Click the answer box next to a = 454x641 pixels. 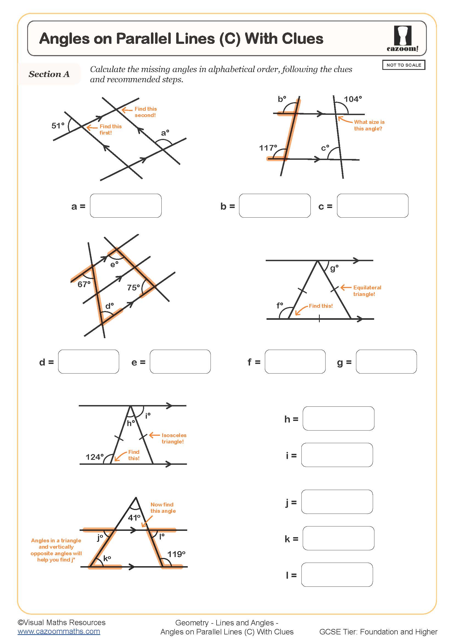point(125,206)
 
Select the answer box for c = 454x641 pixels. point(372,206)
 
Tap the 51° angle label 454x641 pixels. point(58,126)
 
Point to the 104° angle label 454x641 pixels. point(352,99)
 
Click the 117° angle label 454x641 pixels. point(268,148)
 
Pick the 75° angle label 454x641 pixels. point(133,287)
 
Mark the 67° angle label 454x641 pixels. point(84,284)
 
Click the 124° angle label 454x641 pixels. point(94,457)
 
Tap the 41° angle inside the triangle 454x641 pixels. point(134,518)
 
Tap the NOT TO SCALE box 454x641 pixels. point(403,65)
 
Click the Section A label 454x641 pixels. point(49,74)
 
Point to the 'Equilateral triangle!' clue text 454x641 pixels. point(367,290)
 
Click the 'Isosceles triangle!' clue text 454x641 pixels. point(173,438)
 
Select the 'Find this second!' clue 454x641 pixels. point(145,112)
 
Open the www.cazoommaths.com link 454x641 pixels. point(59,631)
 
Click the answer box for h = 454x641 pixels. point(338,418)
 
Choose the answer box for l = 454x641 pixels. point(337,575)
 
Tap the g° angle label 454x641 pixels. point(334,268)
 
